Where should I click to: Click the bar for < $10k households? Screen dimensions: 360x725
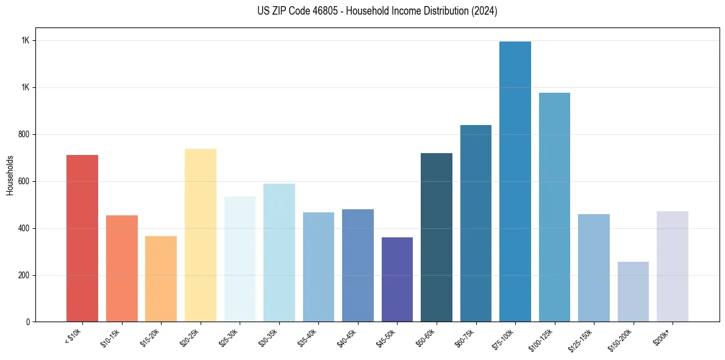tap(82, 238)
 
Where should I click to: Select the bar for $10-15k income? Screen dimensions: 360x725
tap(121, 268)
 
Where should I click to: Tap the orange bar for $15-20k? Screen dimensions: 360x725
tap(161, 279)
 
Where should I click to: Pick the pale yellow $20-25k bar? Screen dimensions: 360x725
tap(201, 235)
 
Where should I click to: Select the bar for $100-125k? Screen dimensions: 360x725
tap(554, 207)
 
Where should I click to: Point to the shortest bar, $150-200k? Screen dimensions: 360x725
tap(633, 292)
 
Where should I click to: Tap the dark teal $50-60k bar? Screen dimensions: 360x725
tap(437, 237)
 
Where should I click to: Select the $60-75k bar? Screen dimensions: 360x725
tap(476, 223)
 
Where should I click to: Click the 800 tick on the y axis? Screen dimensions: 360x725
tap(24, 134)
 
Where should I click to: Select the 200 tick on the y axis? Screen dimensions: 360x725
tap(24, 275)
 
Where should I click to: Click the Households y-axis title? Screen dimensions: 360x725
tap(10, 175)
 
